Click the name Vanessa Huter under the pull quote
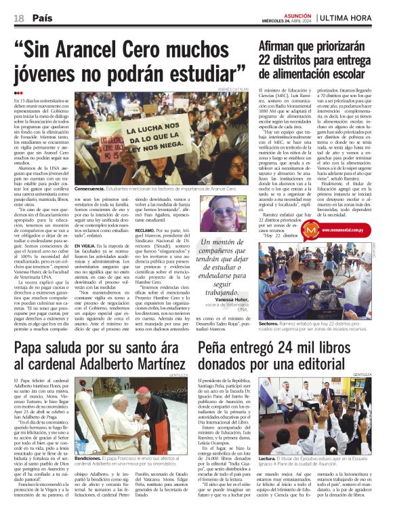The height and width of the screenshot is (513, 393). tap(232, 299)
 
